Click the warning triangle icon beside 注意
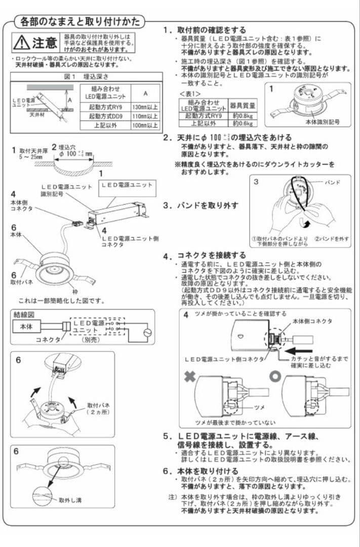[22, 43]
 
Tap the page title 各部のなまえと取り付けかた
[80, 22]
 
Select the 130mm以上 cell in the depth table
[145, 108]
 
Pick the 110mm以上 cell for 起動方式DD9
[145, 116]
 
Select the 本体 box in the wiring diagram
[26, 327]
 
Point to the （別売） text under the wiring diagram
[90, 340]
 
